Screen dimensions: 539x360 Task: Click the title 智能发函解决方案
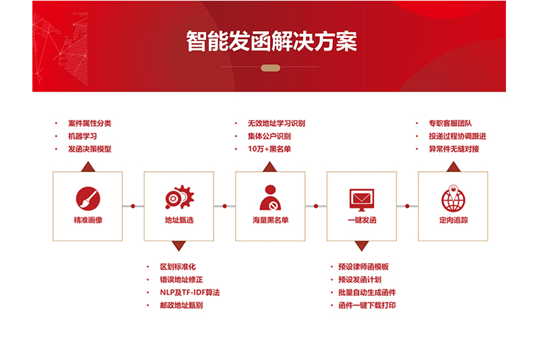[x=272, y=41]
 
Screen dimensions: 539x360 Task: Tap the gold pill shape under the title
[x=271, y=68]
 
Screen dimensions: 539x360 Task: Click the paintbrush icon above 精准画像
[x=88, y=199]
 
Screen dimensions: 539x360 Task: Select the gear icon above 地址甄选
[x=179, y=197]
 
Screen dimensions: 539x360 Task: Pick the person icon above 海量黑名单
[x=270, y=198]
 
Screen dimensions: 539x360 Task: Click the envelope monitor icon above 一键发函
[x=362, y=200]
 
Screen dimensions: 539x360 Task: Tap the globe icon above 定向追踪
[x=453, y=198]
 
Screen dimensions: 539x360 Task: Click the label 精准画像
[x=88, y=220]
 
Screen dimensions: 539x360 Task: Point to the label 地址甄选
[x=179, y=220]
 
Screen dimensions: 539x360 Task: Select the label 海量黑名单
[x=271, y=220]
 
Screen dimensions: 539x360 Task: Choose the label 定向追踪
[x=453, y=220]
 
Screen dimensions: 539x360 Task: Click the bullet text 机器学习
[x=82, y=136]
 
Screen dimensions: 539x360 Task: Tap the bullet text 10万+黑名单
[x=269, y=149]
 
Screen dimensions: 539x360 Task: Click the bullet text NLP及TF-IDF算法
[x=190, y=293]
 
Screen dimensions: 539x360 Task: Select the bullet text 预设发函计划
[x=360, y=280]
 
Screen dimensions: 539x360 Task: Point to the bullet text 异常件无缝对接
[x=453, y=149]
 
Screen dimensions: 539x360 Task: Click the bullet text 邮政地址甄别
[x=181, y=305]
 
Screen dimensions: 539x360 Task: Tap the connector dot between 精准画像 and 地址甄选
[x=133, y=206]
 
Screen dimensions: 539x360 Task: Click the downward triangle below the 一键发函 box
[x=362, y=246]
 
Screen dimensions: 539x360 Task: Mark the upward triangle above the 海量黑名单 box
[x=270, y=167]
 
